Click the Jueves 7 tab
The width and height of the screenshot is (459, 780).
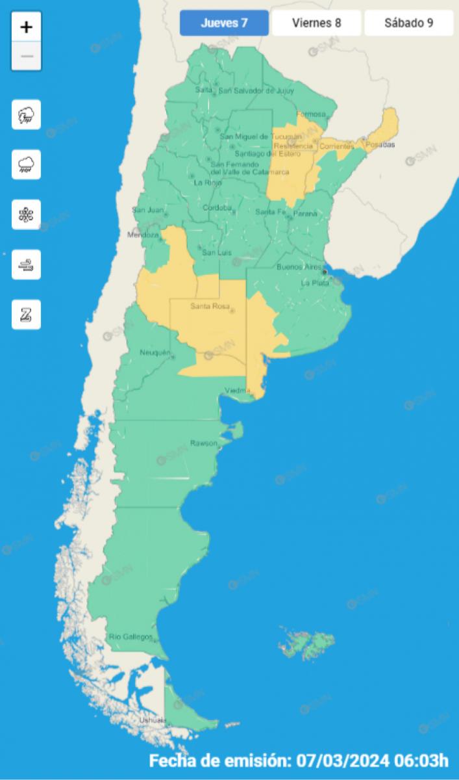click(224, 23)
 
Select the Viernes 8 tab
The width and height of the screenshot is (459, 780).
click(316, 23)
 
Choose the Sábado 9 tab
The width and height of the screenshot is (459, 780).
click(408, 23)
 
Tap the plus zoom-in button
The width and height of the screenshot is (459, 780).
click(27, 27)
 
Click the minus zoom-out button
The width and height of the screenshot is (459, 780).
click(27, 56)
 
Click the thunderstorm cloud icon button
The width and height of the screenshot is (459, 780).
click(27, 115)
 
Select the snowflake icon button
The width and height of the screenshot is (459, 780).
click(27, 214)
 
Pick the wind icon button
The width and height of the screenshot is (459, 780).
click(27, 265)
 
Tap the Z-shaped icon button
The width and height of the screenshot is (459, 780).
click(27, 315)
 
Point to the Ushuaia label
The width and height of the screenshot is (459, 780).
click(153, 720)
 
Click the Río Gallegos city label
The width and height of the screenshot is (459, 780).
click(130, 636)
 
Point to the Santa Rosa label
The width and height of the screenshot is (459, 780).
click(207, 306)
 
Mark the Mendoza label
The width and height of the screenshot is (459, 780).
click(142, 235)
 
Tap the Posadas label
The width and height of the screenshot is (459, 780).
click(380, 144)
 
